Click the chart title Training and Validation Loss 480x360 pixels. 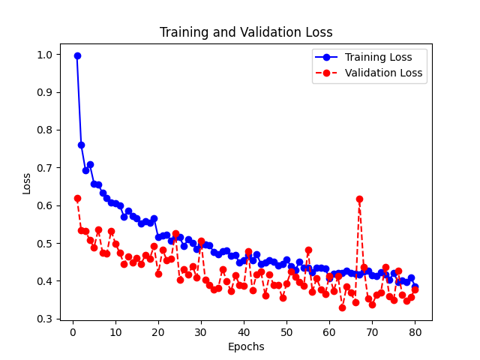246,32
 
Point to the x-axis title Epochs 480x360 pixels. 246,346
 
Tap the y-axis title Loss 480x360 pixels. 27,183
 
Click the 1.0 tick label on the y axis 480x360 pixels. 44,55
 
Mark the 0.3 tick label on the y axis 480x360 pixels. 44,319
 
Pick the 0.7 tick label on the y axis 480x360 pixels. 44,168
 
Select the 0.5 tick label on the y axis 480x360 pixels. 44,244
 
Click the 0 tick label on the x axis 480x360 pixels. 73,331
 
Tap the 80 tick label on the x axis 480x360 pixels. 415,331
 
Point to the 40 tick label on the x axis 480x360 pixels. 244,331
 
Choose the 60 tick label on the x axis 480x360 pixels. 329,331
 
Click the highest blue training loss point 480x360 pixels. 77,55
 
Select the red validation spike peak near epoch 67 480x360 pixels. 359,199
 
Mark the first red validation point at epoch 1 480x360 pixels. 77,198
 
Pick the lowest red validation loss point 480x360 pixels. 342,307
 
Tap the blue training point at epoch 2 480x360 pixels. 81,145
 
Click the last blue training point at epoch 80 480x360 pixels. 415,286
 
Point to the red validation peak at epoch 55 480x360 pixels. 308,250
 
